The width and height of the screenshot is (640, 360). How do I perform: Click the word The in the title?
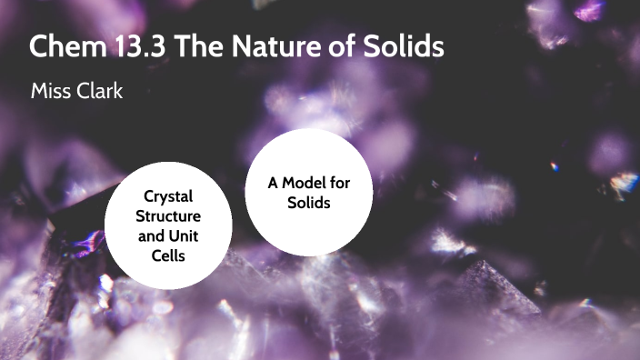pos(195,46)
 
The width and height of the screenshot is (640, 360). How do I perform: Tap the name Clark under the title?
pos(99,92)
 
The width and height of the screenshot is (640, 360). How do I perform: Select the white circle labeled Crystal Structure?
pos(168,225)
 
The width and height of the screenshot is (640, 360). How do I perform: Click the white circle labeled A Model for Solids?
pos(308,193)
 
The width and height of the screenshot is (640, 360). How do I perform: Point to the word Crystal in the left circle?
pos(168,196)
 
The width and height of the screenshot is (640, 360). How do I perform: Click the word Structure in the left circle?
pos(168,216)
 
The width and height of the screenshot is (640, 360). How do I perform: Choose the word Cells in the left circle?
pos(168,256)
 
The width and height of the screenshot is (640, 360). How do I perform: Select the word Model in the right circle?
pos(305,183)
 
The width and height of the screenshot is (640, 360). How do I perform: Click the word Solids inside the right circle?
pos(308,203)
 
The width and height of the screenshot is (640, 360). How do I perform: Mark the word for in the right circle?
pos(338,183)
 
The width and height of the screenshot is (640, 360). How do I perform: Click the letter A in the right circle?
pos(273,183)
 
